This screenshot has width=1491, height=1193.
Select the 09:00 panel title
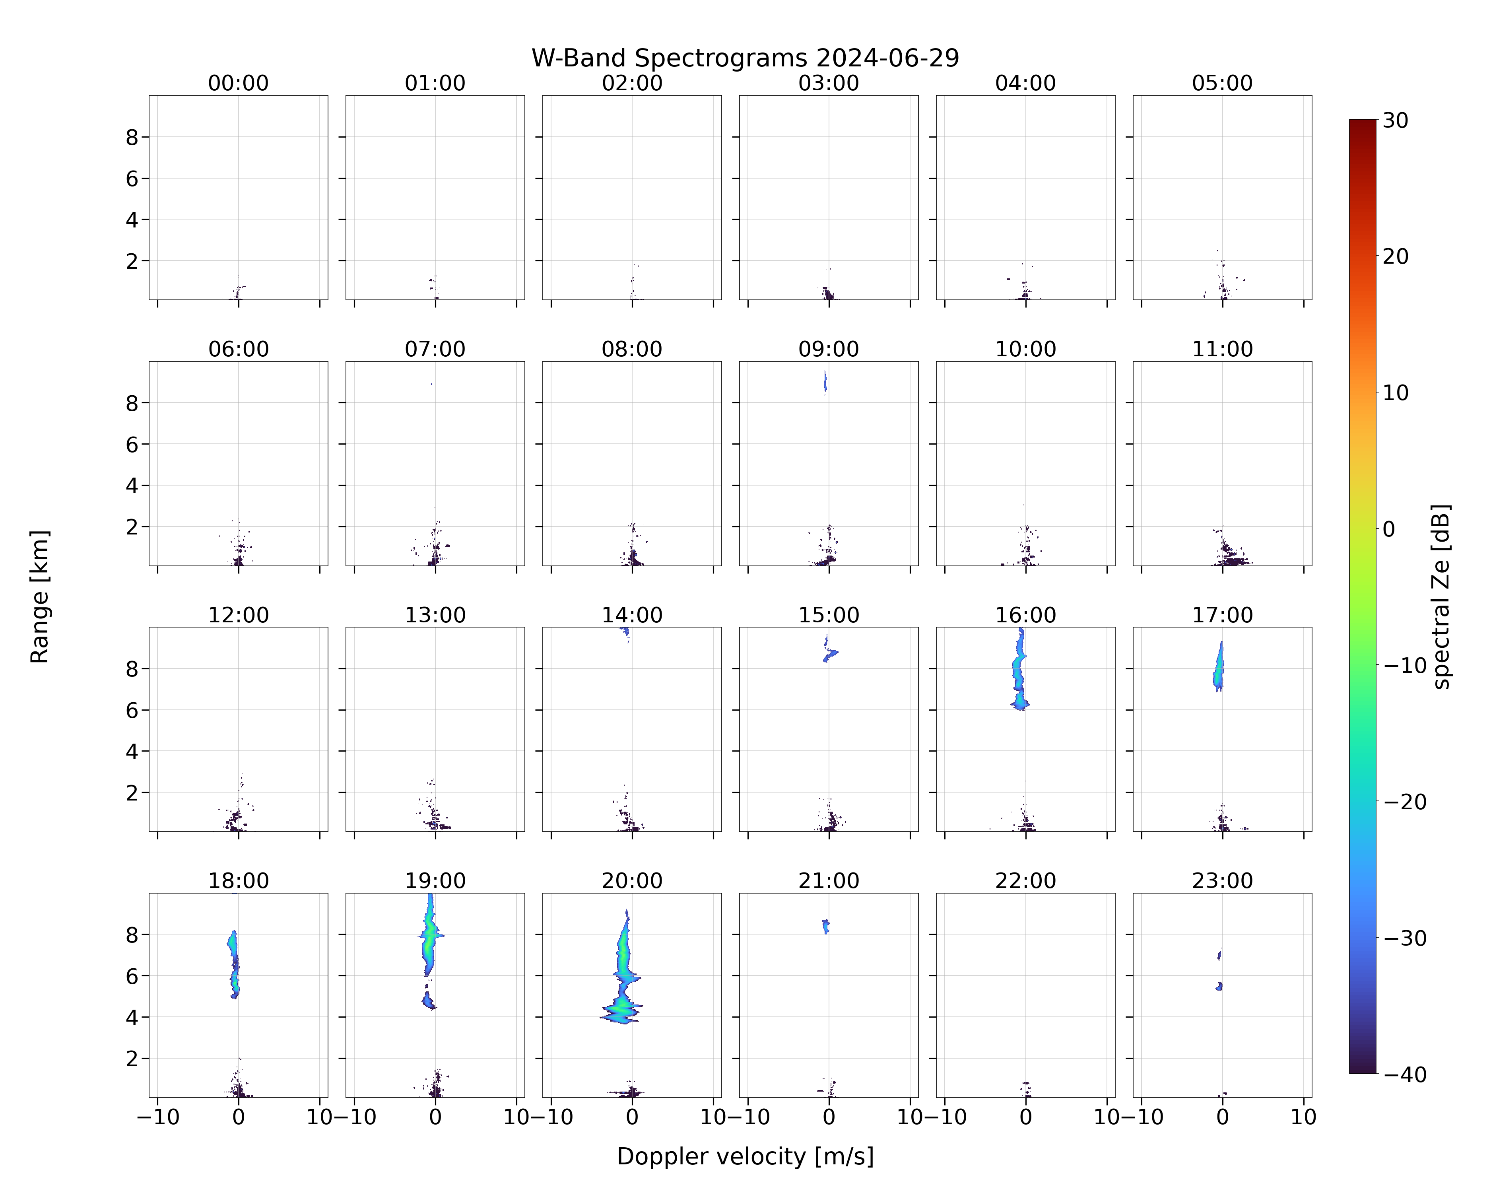click(829, 349)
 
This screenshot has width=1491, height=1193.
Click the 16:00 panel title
click(1025, 615)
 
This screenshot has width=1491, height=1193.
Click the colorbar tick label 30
click(1396, 120)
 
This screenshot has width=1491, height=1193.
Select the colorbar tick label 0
click(1389, 529)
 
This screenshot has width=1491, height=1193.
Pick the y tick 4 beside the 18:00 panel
click(132, 1017)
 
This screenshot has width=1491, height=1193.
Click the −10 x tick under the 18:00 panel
click(158, 1117)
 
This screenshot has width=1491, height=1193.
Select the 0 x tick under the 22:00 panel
click(1025, 1117)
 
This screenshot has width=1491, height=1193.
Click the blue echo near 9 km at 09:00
click(825, 382)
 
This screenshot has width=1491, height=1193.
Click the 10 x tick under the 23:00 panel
click(1304, 1117)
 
